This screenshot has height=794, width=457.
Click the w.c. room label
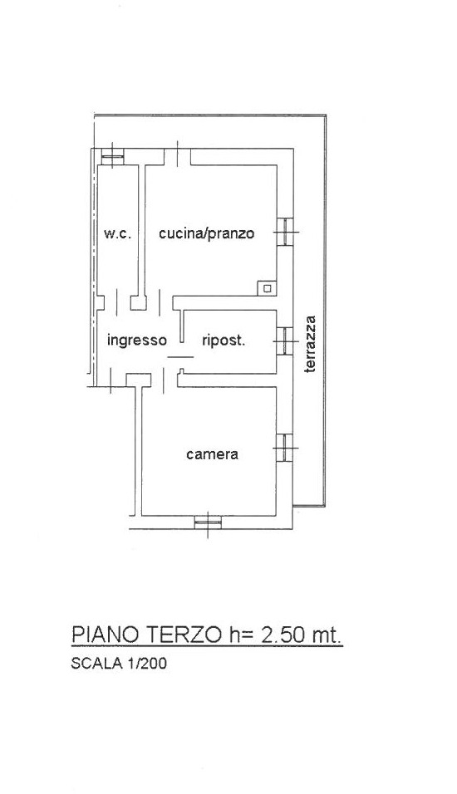[117, 234]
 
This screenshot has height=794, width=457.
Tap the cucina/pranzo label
[206, 234]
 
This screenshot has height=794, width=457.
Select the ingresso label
[137, 341]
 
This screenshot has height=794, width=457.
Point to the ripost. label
[224, 341]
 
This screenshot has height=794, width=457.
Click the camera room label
[212, 453]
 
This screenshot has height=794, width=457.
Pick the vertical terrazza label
[310, 344]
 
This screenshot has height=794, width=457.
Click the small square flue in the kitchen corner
[267, 288]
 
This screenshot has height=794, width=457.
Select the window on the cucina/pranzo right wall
[285, 232]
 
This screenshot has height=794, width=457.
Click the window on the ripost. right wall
[285, 341]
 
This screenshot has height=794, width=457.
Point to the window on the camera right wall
[285, 448]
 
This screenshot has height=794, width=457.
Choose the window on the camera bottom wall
[208, 522]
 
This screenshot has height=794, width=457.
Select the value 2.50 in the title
[281, 635]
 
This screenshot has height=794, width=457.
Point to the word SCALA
[96, 663]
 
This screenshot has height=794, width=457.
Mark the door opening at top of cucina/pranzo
[177, 156]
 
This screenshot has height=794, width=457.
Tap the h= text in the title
[240, 635]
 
